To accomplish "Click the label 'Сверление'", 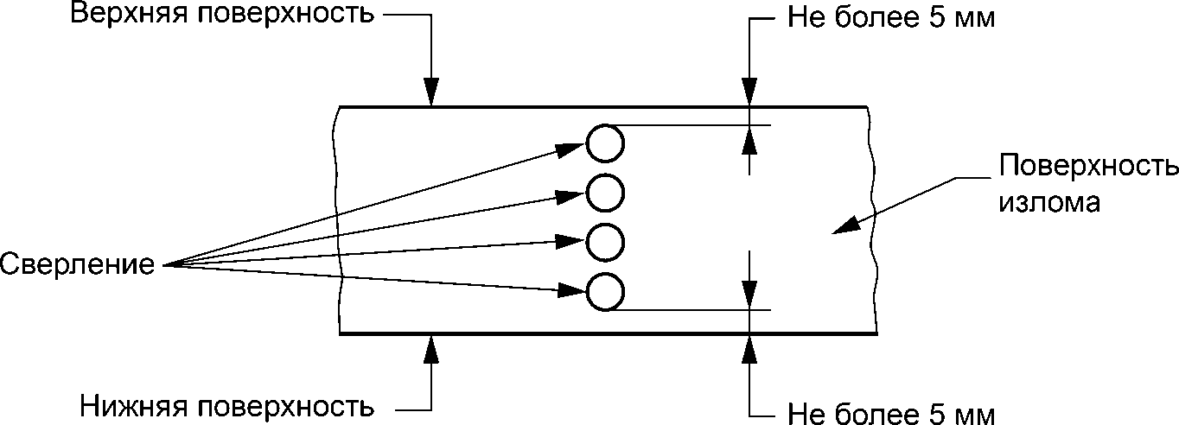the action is coord(78,264).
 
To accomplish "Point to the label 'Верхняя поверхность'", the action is coord(222,15).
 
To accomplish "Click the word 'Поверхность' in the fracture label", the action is coord(1088,167).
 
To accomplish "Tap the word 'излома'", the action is coord(1049,202).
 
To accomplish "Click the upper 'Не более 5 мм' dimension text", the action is coord(890,18).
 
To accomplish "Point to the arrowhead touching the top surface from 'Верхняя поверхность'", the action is coord(431,92).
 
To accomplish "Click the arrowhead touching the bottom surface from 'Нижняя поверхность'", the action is coord(431,348).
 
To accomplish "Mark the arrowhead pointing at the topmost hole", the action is coord(570,149).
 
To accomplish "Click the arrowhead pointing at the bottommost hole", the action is coord(572,290).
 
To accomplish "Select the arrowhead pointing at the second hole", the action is coord(571,196).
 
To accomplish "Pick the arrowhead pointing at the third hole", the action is coord(571,242).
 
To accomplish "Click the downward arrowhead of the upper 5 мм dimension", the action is coord(749,92).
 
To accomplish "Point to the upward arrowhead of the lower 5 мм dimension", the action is coord(749,348).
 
